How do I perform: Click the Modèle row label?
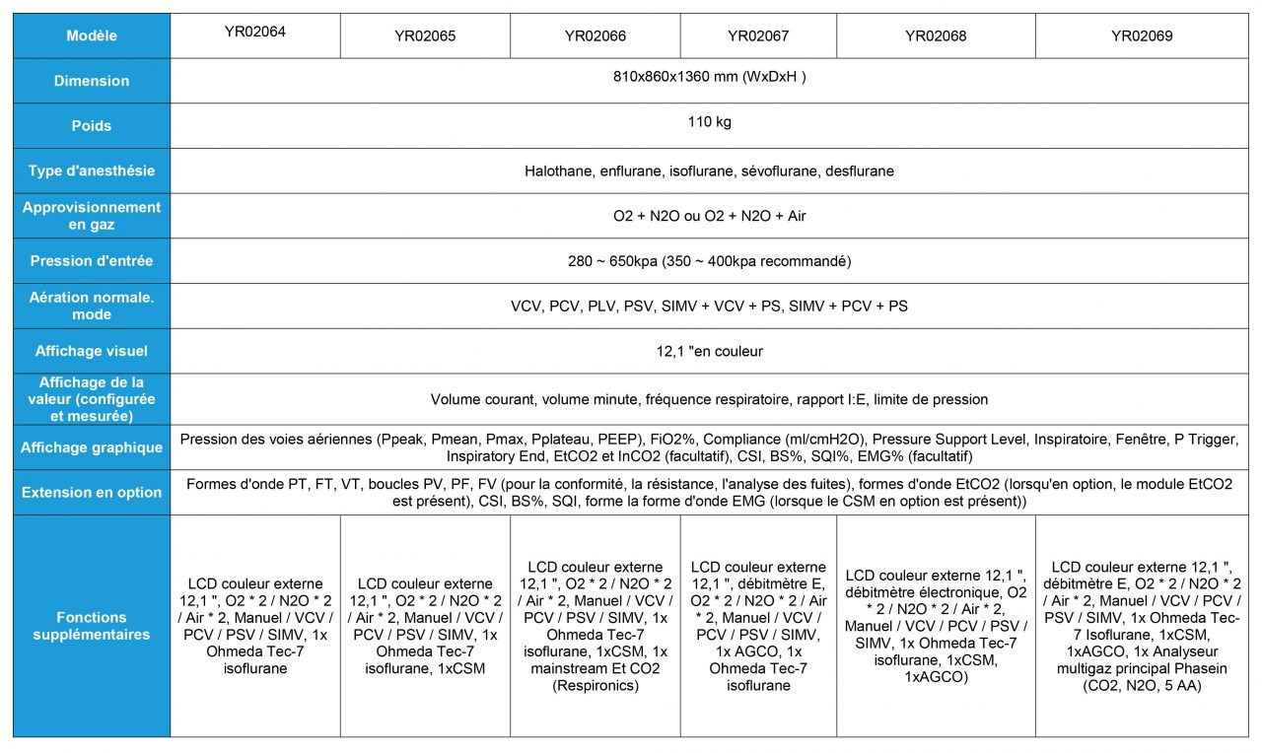click(92, 36)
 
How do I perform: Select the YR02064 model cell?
click(255, 32)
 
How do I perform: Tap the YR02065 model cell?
click(425, 36)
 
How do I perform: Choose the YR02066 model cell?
click(595, 36)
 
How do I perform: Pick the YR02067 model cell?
click(758, 36)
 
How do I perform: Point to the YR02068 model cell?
click(936, 36)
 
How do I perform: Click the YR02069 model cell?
click(1142, 36)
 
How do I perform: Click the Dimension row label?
click(92, 81)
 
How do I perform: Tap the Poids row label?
click(92, 126)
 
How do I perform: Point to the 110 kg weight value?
click(709, 123)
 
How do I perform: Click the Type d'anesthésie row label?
click(92, 171)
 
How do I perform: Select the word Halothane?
click(559, 171)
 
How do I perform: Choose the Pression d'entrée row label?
click(92, 261)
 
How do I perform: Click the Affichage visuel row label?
click(92, 351)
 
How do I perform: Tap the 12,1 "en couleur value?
click(709, 351)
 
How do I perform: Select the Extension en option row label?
click(92, 493)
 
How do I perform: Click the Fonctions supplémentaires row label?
click(92, 626)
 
